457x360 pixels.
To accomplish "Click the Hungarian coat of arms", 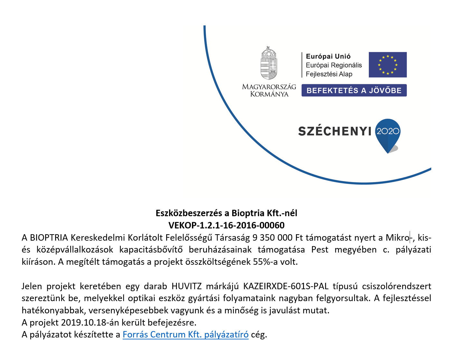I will point(269,63).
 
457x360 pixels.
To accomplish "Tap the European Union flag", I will point(387,65).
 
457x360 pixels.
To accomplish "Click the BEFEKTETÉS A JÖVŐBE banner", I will point(354,90).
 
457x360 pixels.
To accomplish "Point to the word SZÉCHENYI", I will point(335,131).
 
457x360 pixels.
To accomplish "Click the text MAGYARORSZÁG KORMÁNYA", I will point(269,90).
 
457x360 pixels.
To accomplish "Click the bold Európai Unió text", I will point(328,56).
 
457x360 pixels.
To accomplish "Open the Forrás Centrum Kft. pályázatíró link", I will point(186,335).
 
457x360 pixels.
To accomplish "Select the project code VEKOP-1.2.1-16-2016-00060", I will point(226,225).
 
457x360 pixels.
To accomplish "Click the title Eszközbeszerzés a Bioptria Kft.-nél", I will point(226,213).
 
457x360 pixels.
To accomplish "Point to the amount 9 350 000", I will point(272,238).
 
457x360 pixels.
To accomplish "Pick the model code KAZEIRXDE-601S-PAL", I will point(286,286).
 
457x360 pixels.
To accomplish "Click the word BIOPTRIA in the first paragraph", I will point(49,238).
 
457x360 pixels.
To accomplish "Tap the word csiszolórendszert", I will point(396,286).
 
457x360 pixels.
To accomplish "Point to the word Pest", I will point(319,250).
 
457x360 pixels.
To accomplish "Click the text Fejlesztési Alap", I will point(329,74).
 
